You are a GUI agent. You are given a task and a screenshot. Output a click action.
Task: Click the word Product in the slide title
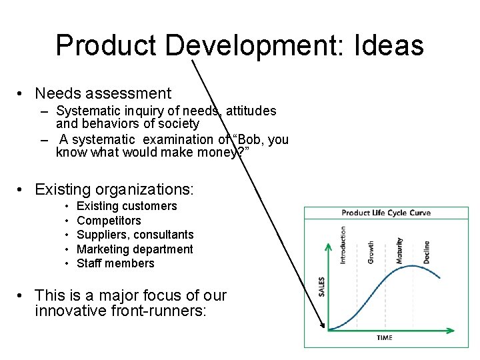click(x=106, y=45)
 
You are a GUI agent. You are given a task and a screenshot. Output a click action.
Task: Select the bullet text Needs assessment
click(x=103, y=94)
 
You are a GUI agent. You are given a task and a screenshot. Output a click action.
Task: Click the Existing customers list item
click(x=127, y=206)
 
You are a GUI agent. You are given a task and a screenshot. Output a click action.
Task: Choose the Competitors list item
click(x=109, y=221)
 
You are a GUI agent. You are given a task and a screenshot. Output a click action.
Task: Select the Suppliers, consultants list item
click(x=135, y=235)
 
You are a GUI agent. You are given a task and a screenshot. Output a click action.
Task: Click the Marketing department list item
click(x=135, y=249)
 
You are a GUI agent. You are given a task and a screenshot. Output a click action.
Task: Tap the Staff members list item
click(x=115, y=263)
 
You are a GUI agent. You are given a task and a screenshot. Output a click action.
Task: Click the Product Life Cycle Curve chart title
click(x=386, y=213)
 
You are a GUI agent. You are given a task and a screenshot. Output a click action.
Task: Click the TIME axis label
click(x=385, y=338)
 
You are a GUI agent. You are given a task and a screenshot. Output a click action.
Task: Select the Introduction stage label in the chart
click(x=343, y=245)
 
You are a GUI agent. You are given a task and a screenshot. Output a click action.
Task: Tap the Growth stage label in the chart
click(x=371, y=251)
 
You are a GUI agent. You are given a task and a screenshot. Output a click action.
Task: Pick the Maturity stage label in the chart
click(x=399, y=251)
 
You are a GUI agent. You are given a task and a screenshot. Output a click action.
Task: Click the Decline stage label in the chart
click(x=426, y=251)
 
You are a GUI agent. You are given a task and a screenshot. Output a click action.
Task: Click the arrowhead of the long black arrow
click(x=324, y=326)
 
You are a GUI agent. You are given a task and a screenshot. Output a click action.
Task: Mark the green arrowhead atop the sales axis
click(x=328, y=247)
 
